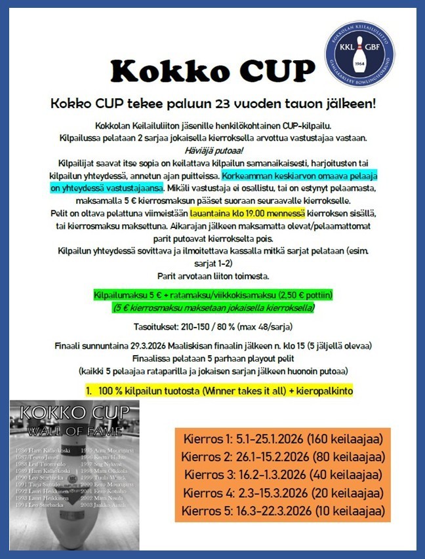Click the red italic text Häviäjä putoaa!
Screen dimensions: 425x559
tap(212, 149)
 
